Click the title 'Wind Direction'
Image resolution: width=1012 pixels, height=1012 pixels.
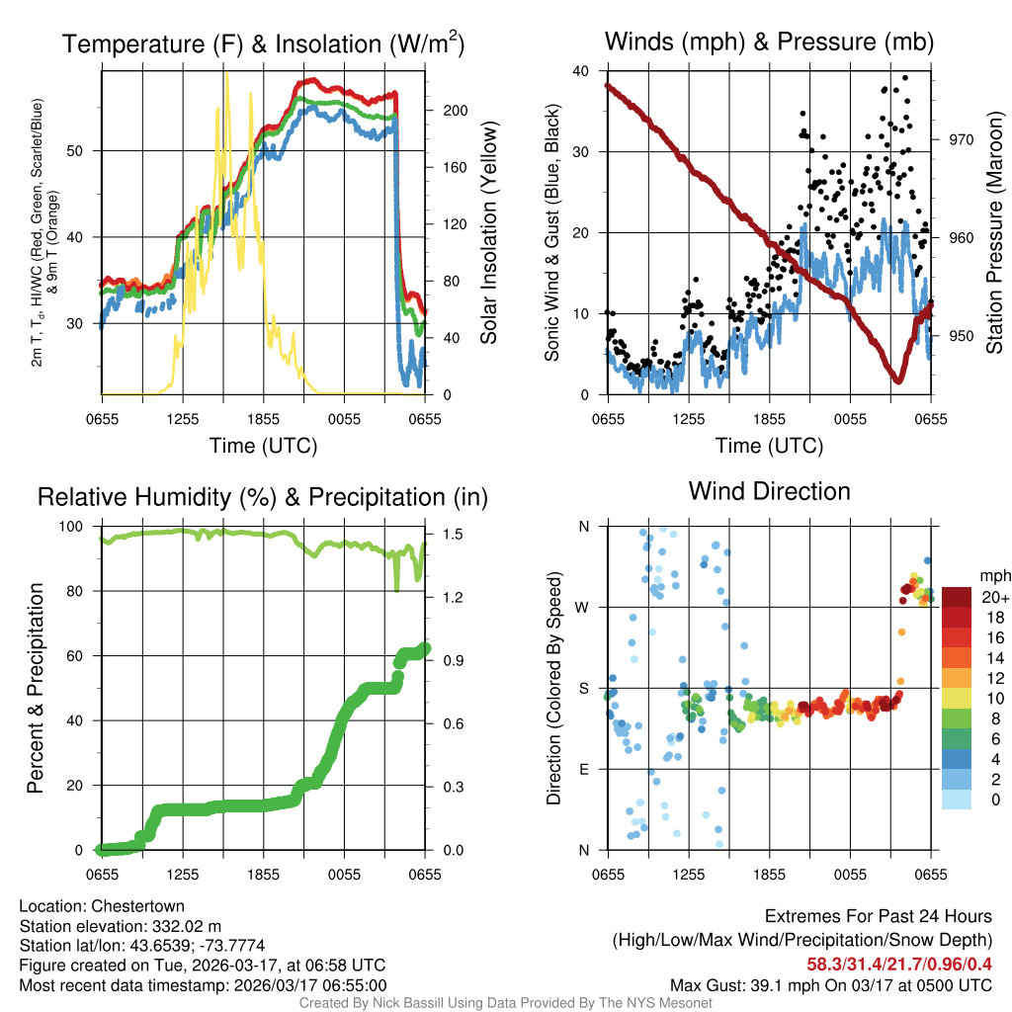[769, 491]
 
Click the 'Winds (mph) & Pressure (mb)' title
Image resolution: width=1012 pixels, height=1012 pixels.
[769, 42]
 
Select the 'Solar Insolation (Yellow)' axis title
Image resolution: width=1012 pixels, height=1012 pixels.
[488, 233]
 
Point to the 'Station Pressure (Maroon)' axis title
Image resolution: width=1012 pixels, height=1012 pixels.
[994, 233]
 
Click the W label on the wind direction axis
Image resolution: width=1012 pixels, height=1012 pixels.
[583, 607]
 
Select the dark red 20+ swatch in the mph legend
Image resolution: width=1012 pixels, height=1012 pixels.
[957, 597]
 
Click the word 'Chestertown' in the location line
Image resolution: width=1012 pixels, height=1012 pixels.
[137, 906]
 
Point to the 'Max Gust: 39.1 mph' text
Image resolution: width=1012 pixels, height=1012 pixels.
[753, 984]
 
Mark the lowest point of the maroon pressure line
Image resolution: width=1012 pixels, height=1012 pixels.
[898, 380]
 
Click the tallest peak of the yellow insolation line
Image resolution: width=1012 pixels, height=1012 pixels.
[226, 73]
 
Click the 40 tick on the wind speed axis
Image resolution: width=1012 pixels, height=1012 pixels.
[582, 70]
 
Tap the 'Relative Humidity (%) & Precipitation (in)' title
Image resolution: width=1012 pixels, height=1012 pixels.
[263, 497]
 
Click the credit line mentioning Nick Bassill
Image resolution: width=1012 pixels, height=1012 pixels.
[506, 1003]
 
